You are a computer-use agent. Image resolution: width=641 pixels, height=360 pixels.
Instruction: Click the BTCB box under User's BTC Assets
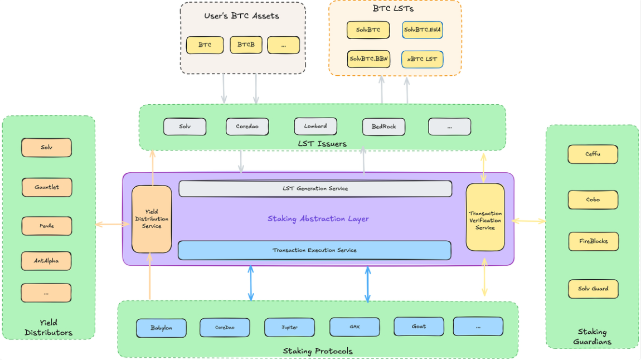point(246,45)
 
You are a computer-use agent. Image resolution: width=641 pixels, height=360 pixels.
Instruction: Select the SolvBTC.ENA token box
point(423,30)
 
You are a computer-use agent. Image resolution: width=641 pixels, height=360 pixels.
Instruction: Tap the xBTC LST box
point(422,59)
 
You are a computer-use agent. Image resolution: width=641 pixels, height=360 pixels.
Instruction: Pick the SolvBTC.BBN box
point(368,59)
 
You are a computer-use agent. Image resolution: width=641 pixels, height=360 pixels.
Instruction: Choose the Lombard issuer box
point(315,127)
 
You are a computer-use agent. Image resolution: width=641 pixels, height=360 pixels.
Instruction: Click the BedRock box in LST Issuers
point(383,127)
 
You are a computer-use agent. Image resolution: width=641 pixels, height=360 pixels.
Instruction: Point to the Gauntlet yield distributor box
point(47,187)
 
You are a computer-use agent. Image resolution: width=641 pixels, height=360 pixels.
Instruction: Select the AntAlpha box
point(46,261)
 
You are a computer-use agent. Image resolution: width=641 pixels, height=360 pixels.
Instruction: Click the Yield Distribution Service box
point(152,219)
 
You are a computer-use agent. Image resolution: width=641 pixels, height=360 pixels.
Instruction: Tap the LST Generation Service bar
point(315,188)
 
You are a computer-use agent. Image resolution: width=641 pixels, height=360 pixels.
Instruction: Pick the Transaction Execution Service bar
point(314,250)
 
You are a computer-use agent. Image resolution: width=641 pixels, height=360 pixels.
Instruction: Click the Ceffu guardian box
point(593,154)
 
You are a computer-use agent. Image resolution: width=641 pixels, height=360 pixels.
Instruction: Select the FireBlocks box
point(593,241)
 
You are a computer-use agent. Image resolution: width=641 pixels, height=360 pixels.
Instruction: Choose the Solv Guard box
point(593,289)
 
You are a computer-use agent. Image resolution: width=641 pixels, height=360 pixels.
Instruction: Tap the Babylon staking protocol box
point(161,328)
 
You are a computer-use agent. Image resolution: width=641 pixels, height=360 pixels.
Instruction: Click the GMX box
point(355,327)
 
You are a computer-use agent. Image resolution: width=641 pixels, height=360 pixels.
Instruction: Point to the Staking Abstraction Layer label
point(318,219)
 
